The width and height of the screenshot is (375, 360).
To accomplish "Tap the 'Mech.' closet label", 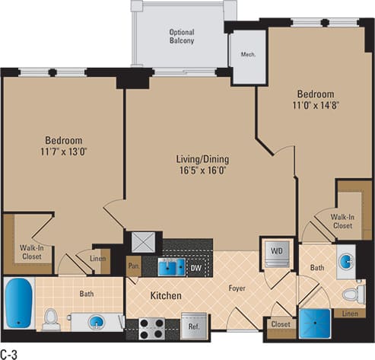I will [248, 55].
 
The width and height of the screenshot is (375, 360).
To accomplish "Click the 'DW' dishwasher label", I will [195, 267].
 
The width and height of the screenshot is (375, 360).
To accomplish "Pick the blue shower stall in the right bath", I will [314, 323].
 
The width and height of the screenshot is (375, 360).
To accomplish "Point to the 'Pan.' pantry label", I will [134, 267].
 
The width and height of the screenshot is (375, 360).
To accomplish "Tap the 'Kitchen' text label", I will [164, 295].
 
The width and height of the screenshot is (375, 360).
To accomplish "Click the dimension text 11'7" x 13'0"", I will [64, 152].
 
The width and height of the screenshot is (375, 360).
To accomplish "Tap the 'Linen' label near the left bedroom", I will [98, 260].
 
